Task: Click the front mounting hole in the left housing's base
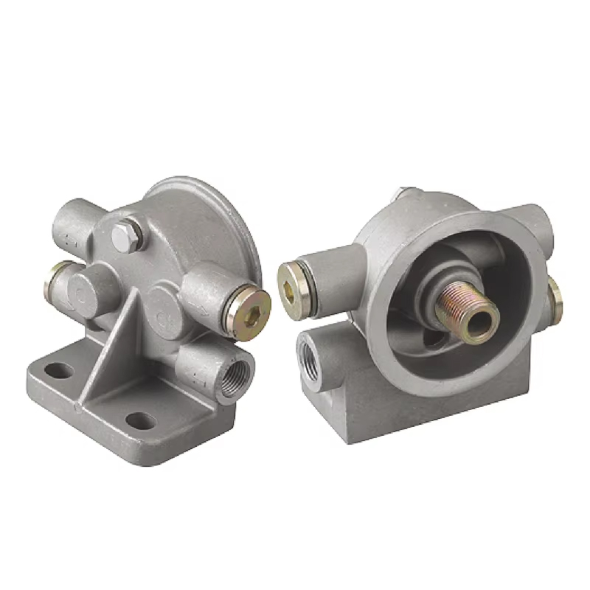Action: (x=139, y=421)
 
